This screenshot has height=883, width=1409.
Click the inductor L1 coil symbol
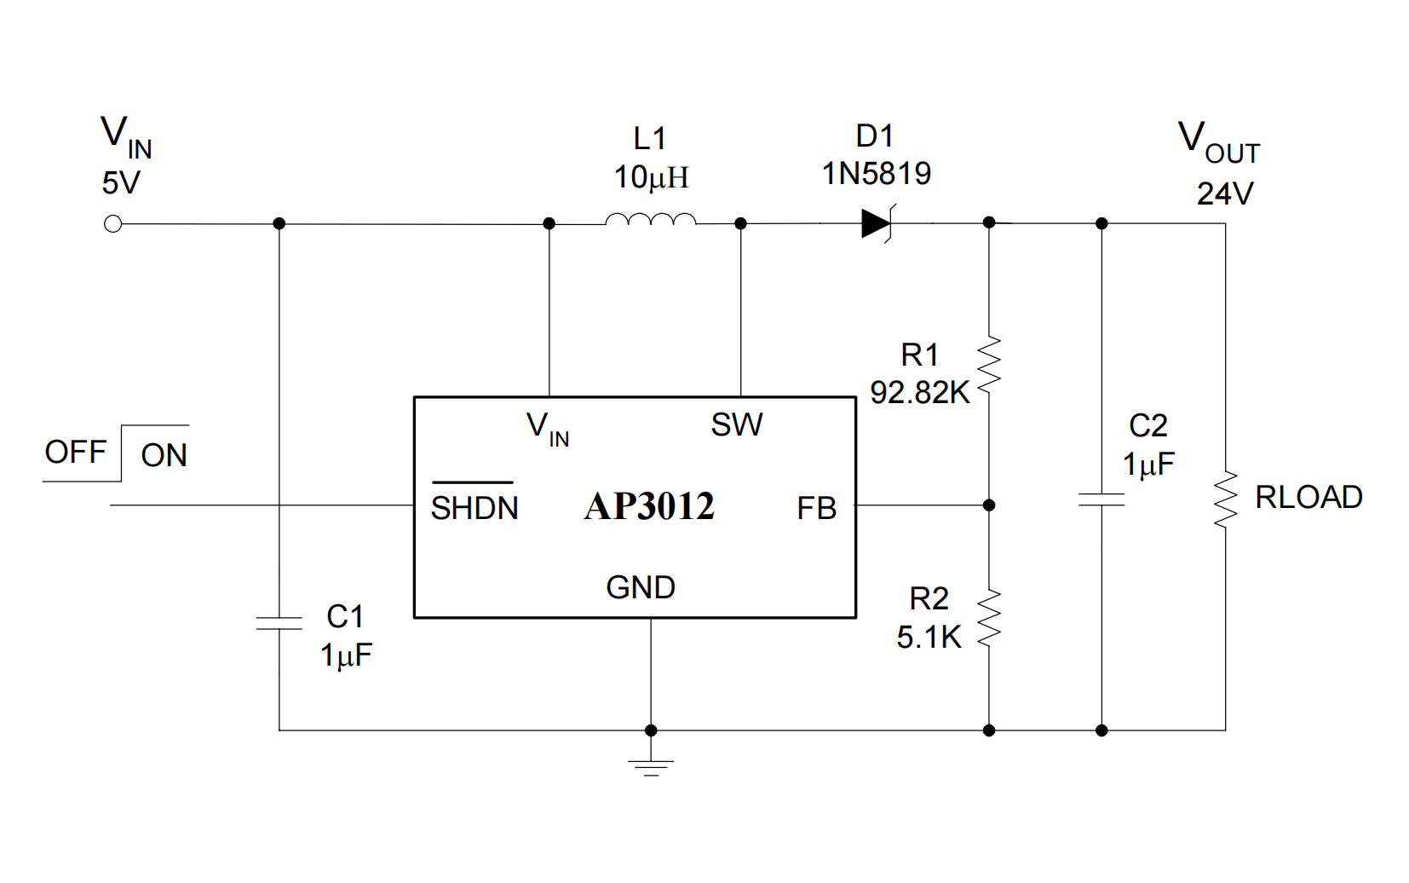[650, 221]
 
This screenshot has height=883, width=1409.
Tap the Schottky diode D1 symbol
[877, 223]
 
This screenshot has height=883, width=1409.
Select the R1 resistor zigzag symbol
[989, 365]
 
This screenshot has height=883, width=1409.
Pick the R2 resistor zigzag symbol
[989, 617]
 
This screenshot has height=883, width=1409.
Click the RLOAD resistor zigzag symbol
[1225, 499]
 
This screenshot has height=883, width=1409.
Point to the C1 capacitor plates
[279, 623]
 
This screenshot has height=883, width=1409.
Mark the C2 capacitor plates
[1101, 499]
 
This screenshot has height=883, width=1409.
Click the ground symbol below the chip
[651, 767]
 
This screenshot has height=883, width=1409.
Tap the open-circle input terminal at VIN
[112, 224]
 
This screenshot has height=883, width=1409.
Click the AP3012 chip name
[649, 506]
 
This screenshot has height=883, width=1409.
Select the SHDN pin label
[474, 508]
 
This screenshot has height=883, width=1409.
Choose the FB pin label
[816, 509]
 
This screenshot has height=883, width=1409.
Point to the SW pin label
[737, 424]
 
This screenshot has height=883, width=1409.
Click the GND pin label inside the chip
[641, 587]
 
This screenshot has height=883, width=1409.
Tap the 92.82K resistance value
[919, 392]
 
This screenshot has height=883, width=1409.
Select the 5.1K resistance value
[929, 637]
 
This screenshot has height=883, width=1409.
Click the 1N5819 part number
[876, 174]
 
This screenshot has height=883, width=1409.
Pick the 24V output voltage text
[1224, 193]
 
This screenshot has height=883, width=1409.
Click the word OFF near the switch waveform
[75, 452]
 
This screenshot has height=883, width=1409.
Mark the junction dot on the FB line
[989, 505]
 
